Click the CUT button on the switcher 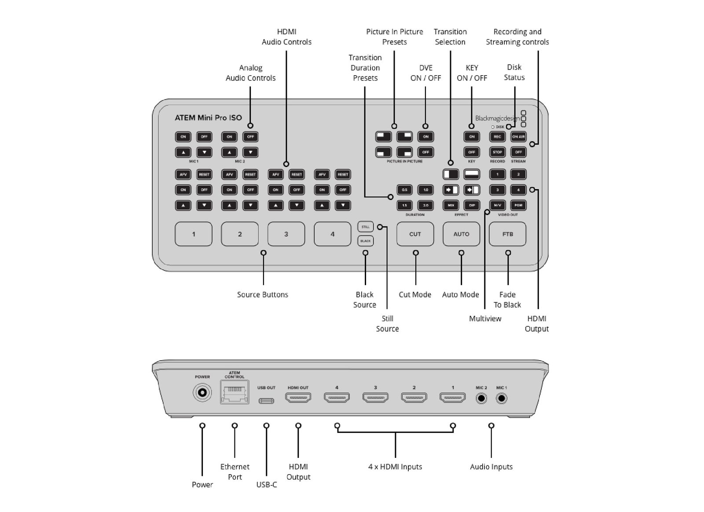pos(415,234)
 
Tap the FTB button pos(507,234)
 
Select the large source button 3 pos(286,234)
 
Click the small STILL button pos(365,227)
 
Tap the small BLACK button pos(365,241)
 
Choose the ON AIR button pos(518,137)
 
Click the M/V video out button pos(497,205)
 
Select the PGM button pos(518,205)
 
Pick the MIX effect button pos(451,205)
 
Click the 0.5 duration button pos(404,190)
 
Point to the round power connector pos(202,392)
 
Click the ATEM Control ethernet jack pos(235,392)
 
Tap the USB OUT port pos(266,401)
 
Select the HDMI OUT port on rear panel pos(298,398)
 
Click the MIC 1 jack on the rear pos(501,399)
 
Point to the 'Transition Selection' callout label pos(450,37)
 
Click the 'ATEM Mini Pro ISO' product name pos(208,118)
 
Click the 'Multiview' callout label pos(485,319)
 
